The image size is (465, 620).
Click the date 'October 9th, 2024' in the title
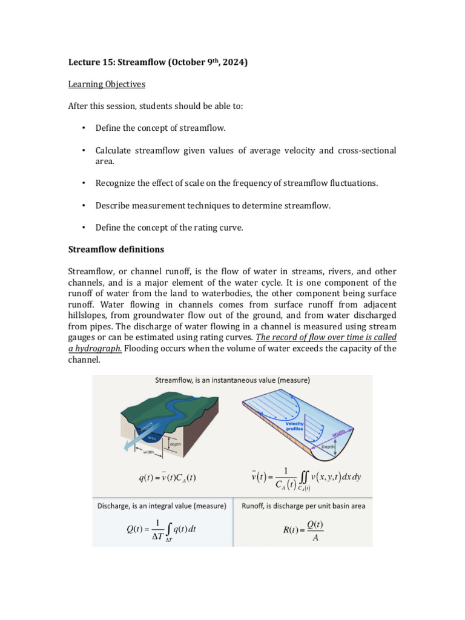(206, 62)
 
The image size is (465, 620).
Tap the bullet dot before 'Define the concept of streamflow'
(82, 128)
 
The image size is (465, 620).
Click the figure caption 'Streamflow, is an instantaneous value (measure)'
(233, 381)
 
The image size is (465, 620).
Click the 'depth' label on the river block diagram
(176, 445)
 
